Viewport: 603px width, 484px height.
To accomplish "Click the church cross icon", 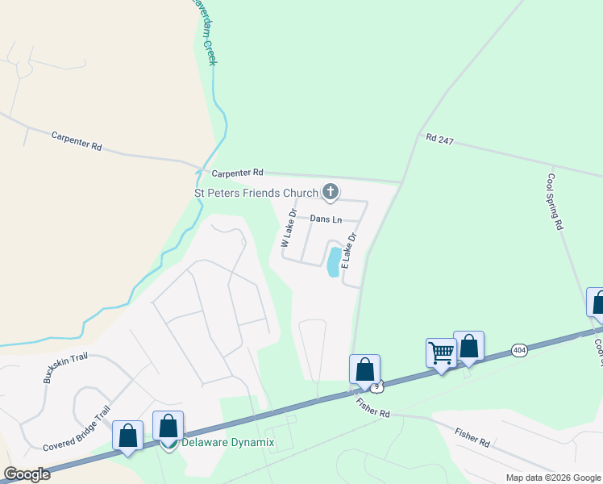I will (x=329, y=192).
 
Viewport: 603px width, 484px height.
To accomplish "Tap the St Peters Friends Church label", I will (x=256, y=193).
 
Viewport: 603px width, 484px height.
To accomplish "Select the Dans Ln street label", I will (x=326, y=219).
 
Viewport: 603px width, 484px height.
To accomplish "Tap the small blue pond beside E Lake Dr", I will (x=333, y=262).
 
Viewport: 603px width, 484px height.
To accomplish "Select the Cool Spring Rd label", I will (x=554, y=202).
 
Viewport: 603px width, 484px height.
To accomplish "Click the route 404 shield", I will (x=519, y=350).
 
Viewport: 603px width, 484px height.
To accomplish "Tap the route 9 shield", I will (x=376, y=387).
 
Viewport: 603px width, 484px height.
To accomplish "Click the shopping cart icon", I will (x=441, y=352).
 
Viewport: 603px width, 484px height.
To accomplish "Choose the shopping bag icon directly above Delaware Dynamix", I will (x=168, y=425).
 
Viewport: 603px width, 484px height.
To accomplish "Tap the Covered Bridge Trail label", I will (x=76, y=433).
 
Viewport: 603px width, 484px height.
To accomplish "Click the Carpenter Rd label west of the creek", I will (x=77, y=141).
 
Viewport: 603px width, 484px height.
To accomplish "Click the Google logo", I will (x=27, y=474).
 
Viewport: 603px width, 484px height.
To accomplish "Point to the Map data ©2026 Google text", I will (x=553, y=478).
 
